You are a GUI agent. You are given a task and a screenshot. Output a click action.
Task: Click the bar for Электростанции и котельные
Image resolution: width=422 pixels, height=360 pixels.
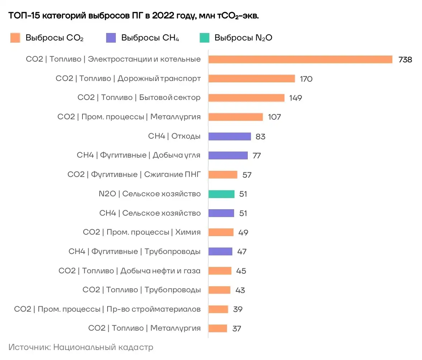pos(300,59)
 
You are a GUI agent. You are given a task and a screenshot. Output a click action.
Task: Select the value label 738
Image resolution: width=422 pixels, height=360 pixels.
pos(405,60)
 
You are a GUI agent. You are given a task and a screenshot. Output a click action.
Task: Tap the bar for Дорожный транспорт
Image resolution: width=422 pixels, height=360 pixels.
pos(251,78)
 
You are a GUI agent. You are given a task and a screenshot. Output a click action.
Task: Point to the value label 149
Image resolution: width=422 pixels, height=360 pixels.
pos(296,98)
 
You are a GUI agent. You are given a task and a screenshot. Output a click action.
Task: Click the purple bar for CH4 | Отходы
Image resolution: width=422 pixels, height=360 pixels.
pos(229,136)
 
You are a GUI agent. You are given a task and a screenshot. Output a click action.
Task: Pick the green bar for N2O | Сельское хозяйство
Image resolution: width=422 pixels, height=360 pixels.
pos(221,194)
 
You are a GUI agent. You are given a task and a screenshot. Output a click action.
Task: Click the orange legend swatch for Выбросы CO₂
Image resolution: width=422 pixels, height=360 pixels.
pos(15,38)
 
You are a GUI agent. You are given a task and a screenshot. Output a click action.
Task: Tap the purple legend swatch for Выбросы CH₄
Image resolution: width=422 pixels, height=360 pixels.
pos(111,38)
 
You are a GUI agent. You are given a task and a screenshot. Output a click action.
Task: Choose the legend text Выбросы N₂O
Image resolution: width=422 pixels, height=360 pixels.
pos(243,38)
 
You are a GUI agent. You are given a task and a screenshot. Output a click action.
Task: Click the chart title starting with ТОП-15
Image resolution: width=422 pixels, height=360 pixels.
pos(133,16)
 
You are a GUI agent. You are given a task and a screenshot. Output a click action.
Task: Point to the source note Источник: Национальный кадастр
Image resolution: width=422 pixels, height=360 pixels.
pos(81,347)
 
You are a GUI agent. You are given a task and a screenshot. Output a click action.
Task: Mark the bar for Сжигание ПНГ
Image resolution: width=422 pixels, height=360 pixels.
pos(223,175)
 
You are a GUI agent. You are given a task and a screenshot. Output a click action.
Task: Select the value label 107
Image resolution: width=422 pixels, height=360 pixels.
pos(274,117)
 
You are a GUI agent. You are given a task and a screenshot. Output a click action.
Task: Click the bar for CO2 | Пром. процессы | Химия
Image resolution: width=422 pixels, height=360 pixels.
pos(221,232)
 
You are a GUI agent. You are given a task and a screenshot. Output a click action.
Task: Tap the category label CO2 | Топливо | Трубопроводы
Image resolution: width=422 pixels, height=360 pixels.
pos(141,290)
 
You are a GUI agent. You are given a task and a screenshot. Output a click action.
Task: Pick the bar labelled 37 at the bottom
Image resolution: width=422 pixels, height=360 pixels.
pos(218,328)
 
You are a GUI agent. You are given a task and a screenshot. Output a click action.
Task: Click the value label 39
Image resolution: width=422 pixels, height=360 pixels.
pos(237,309)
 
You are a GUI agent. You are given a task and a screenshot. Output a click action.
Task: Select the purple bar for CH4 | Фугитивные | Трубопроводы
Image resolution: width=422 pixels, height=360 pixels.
pos(220,251)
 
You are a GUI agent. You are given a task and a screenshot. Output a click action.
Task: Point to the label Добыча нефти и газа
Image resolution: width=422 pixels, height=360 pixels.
pos(160,271)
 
